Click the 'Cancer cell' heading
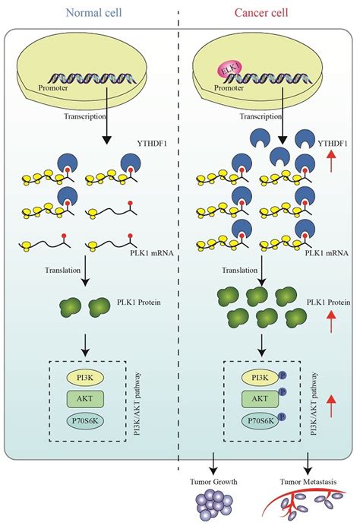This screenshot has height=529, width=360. (267, 11)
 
